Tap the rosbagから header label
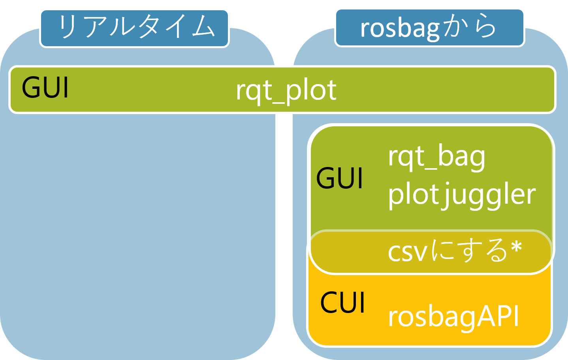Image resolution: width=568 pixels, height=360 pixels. click(429, 28)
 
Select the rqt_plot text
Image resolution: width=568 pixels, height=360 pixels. click(286, 90)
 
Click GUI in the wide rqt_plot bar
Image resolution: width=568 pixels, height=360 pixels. click(45, 88)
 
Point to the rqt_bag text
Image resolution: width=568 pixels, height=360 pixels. click(436, 157)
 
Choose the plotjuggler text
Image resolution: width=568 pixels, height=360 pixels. click(461, 195)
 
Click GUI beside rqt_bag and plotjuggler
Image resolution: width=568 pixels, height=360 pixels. click(339, 178)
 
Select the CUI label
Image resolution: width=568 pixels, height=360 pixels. click(343, 303)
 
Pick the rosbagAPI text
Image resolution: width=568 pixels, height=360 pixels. click(453, 317)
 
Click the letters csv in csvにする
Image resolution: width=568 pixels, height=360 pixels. click(407, 252)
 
